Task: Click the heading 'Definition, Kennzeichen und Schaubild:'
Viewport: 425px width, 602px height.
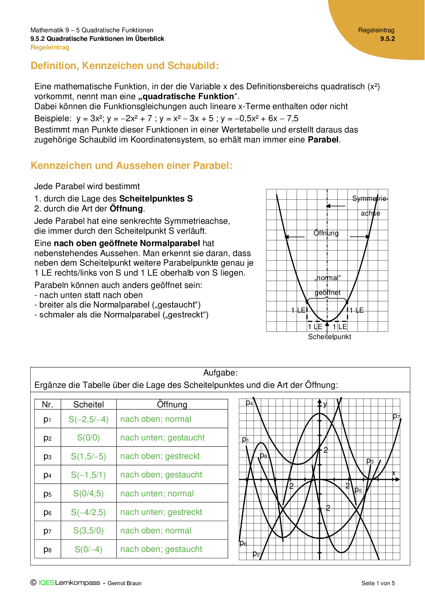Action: pos(125,66)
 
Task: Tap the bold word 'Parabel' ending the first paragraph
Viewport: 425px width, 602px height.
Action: pos(323,140)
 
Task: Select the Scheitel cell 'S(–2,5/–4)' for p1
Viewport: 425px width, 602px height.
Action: pos(88,419)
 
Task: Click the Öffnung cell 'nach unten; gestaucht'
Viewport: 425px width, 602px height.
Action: pos(162,438)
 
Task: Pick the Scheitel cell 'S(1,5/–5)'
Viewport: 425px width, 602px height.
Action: pos(88,456)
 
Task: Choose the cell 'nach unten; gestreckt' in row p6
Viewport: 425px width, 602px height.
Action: pos(161,512)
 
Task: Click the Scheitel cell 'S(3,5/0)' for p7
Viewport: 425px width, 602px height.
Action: pos(88,531)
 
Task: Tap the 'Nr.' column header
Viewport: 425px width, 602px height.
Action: pos(48,404)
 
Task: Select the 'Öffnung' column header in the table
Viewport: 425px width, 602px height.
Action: pos(172,404)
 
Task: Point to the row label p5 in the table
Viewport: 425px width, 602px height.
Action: pos(48,494)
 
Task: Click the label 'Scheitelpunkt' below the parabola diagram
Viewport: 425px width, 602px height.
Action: pos(329,337)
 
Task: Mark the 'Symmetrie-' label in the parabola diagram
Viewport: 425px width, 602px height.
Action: pos(370,198)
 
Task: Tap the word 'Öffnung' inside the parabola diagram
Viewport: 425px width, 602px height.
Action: pos(326,233)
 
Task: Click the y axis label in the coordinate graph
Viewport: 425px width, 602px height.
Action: pos(325,404)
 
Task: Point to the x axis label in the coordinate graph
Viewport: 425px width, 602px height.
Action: pos(393,473)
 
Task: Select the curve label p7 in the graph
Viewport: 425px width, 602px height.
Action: pos(396,416)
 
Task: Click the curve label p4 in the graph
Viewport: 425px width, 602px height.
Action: pos(250,403)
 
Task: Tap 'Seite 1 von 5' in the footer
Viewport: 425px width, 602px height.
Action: pos(378,583)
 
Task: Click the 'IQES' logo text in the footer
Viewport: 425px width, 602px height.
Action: pos(46,582)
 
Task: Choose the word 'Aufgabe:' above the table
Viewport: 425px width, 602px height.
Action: pos(220,373)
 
